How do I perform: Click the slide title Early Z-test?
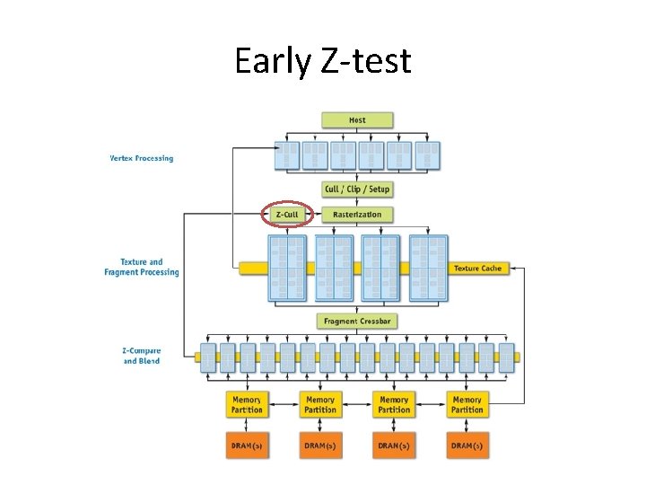coord(322,61)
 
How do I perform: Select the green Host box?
coord(357,119)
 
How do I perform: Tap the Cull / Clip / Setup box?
coord(357,190)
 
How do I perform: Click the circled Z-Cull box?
coord(287,215)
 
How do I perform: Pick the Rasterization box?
coord(357,215)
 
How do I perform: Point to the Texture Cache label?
coord(477,269)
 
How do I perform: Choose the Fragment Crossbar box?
coord(357,321)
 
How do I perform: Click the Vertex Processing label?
coord(142,159)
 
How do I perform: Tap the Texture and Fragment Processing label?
coord(142,268)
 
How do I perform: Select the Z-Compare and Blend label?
coord(142,356)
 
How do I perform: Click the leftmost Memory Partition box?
coord(247,405)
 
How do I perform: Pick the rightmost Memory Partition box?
coord(467,405)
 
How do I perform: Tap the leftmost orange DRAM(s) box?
coord(247,446)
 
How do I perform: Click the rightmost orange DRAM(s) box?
coord(467,446)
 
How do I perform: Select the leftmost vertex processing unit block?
coord(288,155)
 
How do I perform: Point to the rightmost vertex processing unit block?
coord(427,155)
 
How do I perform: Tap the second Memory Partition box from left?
coord(320,405)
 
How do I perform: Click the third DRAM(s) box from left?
coord(394,446)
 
